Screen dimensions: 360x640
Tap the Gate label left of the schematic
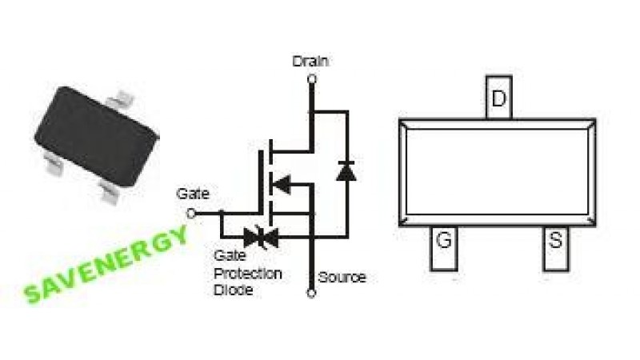tap(193, 194)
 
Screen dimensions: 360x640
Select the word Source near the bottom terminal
tap(342, 277)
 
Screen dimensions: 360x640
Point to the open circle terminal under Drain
tap(311, 78)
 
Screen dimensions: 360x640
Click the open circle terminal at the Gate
tap(190, 214)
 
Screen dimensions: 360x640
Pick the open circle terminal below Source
tap(311, 293)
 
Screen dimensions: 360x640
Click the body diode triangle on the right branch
tap(346, 170)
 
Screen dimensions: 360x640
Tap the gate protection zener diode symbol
tap(261, 236)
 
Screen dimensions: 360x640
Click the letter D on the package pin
tap(498, 99)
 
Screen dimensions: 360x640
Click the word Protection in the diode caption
tap(247, 274)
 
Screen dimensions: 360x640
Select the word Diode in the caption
tap(234, 290)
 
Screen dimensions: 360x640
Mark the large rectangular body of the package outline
tap(497, 172)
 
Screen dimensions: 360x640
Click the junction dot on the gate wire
tap(221, 214)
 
